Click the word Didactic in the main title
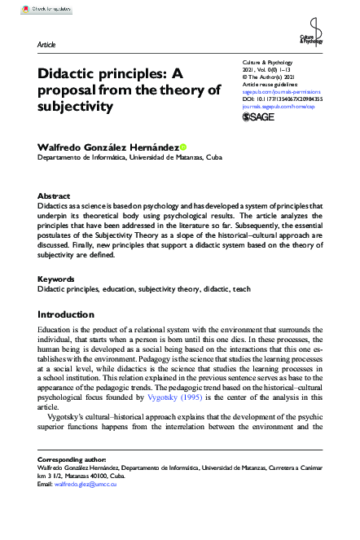coord(68,72)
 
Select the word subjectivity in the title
coord(77,106)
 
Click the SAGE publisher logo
coord(261,118)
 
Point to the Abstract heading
coord(55,196)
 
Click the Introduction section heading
coord(72,314)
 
